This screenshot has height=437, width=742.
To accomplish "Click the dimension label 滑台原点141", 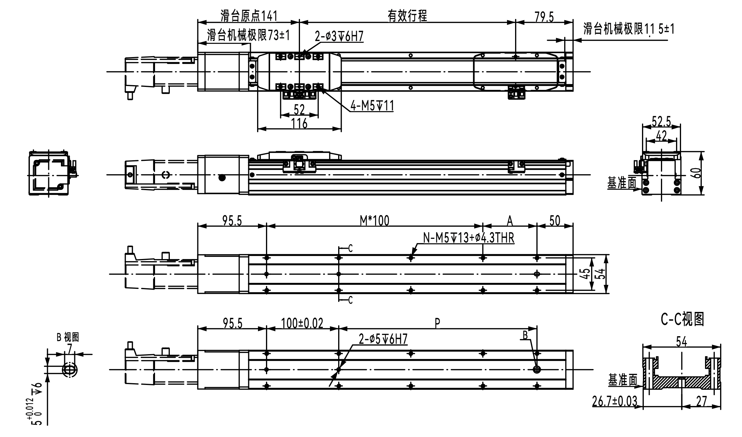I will click(249, 16).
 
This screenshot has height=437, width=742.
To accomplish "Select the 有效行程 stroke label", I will click(407, 16).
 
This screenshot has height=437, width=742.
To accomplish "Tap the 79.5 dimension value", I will click(544, 17).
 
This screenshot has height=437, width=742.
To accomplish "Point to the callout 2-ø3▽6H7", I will click(339, 36).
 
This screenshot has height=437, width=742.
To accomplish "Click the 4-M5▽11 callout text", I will click(372, 106).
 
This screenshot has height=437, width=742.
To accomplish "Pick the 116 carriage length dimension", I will click(299, 123).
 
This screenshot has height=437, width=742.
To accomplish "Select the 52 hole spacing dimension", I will click(299, 110).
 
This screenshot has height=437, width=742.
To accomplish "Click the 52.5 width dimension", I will click(662, 122).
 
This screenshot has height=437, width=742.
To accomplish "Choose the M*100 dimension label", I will click(375, 221).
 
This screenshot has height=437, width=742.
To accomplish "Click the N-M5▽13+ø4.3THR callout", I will click(469, 238).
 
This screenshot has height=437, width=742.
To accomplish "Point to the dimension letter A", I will click(510, 221).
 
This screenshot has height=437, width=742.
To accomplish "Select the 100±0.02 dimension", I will click(302, 323).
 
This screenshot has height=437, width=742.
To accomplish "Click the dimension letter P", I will click(437, 323).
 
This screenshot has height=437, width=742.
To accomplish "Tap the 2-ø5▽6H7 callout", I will click(383, 339).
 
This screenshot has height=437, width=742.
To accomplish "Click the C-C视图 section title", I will click(683, 319).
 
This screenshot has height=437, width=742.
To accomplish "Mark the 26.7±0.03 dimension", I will click(615, 401).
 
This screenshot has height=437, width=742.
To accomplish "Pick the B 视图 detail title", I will click(68, 337).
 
